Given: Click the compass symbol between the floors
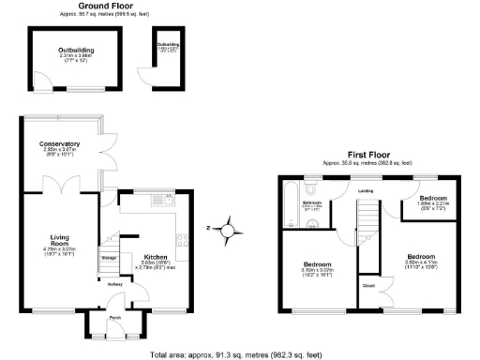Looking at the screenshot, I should [227, 227].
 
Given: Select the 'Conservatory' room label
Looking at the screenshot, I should [59, 143].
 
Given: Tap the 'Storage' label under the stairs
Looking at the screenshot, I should [109, 256].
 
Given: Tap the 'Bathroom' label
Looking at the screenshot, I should [312, 202].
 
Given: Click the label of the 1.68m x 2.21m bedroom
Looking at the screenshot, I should [432, 200].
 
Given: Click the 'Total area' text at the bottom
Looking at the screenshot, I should [240, 353].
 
